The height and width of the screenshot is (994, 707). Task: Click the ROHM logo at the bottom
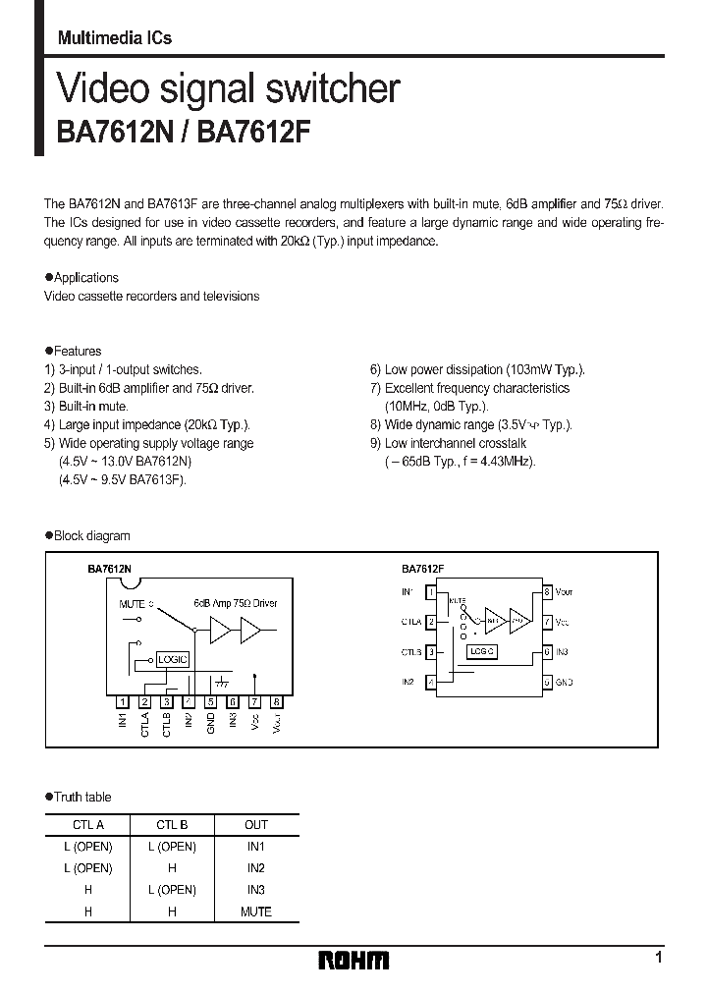353,961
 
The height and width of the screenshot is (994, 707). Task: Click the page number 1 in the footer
658,957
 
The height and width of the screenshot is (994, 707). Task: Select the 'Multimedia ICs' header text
115,38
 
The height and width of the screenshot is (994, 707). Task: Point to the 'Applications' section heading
85,278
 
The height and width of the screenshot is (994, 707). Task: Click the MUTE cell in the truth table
255,911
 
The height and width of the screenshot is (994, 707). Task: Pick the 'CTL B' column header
172,825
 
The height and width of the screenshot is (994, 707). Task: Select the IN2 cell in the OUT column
255,868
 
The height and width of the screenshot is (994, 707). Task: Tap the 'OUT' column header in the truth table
255,825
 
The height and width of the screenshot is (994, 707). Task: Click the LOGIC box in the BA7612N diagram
172,660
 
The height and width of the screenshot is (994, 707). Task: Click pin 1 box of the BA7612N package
122,701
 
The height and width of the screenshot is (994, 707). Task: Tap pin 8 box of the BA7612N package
277,701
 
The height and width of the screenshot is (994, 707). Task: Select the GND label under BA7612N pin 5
210,724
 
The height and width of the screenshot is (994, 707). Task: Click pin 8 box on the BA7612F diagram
547,592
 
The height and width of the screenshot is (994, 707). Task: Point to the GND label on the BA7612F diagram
564,682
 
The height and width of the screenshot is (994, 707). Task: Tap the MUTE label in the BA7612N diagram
132,605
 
